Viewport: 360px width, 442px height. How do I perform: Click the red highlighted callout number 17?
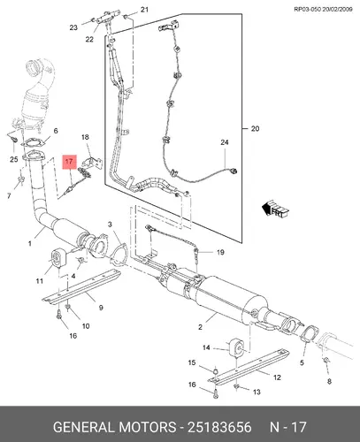pos(69,162)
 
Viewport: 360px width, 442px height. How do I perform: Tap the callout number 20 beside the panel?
pos(255,128)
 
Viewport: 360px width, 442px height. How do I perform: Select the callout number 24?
pos(225,142)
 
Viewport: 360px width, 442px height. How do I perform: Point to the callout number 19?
pos(220,252)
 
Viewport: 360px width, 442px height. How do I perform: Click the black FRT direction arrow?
pos(275,209)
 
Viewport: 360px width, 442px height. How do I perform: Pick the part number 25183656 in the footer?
pos(219,427)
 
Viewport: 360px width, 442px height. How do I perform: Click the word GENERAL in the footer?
pos(84,427)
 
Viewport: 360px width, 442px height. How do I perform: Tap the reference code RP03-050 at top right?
pos(307,9)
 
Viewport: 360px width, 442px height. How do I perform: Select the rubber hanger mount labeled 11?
pos(58,258)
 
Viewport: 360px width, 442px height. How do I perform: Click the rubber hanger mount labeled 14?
pos(236,347)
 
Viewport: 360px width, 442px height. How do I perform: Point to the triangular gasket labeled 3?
pos(119,255)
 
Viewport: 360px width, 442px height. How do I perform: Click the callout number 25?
pos(14,159)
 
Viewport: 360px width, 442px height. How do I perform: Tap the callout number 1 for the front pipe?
pos(29,243)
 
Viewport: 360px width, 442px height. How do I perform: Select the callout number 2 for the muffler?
pos(200,327)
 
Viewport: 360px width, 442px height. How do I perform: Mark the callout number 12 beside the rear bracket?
pos(277,377)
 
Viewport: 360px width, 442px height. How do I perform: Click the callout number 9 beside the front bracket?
pos(101,308)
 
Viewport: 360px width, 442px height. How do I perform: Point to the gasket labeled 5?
pos(310,334)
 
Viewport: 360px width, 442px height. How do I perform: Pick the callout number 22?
pos(89,39)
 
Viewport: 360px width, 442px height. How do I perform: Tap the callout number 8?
pos(329,381)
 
